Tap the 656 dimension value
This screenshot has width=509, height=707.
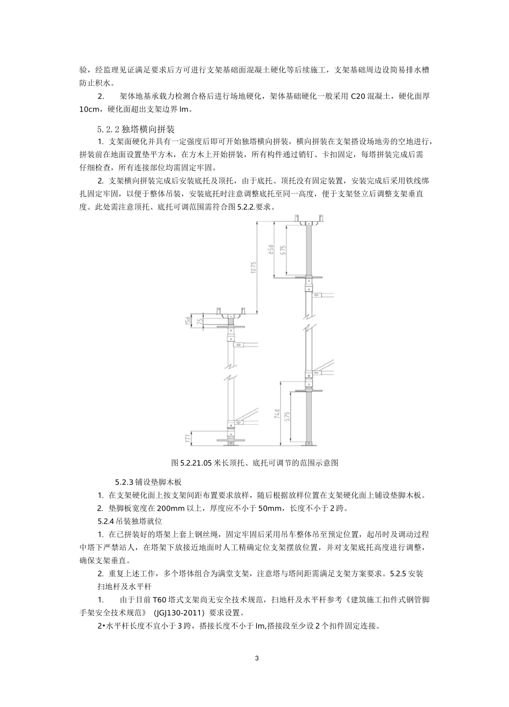pyautogui.click(x=271, y=251)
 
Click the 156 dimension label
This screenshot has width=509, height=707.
pyautogui.click(x=187, y=321)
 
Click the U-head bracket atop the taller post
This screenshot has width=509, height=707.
pyautogui.click(x=309, y=219)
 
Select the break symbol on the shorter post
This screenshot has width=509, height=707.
pyautogui.click(x=230, y=370)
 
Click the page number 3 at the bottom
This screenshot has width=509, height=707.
pyautogui.click(x=257, y=658)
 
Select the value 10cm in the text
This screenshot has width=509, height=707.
pyautogui.click(x=89, y=109)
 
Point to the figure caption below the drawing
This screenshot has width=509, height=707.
pyautogui.click(x=254, y=462)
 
